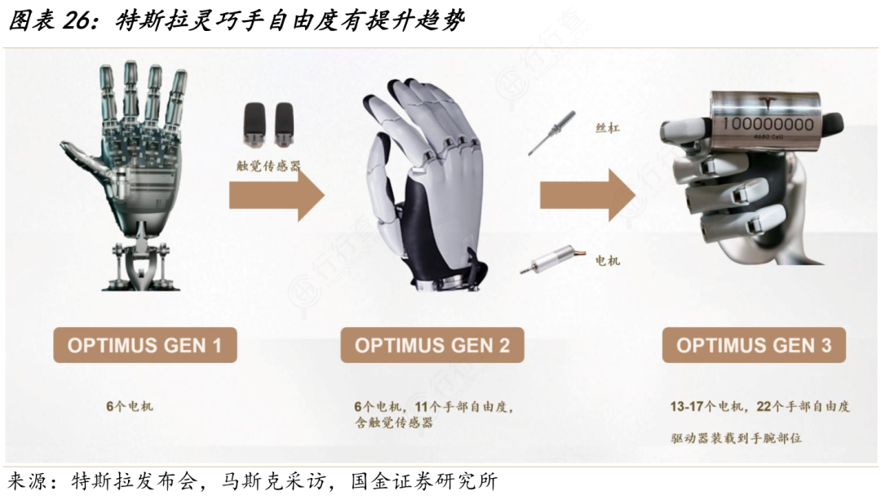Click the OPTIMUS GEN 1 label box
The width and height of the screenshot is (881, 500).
tap(145, 345)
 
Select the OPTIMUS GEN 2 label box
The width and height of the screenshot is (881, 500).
tap(432, 345)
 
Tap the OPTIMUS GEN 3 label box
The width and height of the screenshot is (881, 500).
tap(754, 345)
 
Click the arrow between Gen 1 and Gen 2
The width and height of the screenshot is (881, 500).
tap(277, 196)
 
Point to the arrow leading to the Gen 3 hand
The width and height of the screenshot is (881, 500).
tap(587, 196)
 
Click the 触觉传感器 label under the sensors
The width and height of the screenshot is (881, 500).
tap(268, 166)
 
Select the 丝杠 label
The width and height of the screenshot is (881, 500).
tap(608, 128)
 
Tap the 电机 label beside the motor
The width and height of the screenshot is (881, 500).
tap(608, 261)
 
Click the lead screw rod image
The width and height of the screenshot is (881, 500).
tap(551, 133)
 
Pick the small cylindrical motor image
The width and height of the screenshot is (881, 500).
tap(552, 260)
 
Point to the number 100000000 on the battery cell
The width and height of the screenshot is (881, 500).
tap(768, 124)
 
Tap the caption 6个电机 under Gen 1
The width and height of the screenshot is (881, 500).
tap(130, 406)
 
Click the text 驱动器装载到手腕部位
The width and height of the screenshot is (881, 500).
tap(736, 438)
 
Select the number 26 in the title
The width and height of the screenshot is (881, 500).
tap(76, 20)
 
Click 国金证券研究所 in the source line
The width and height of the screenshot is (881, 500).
tap(424, 481)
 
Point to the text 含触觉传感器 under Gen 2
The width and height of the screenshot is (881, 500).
tap(394, 423)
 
